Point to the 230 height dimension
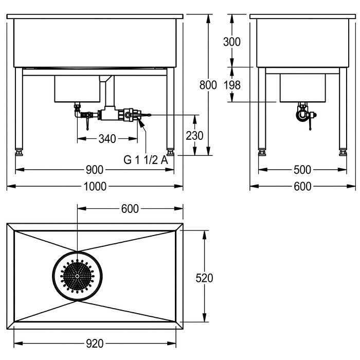[x=195, y=136]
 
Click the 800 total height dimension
[x=208, y=85]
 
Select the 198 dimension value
[x=232, y=85]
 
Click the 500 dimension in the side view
[x=302, y=170]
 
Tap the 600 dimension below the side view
[x=302, y=187]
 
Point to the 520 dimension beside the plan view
[x=205, y=278]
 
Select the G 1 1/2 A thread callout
[x=146, y=159]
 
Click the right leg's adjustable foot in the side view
[x=343, y=152]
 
